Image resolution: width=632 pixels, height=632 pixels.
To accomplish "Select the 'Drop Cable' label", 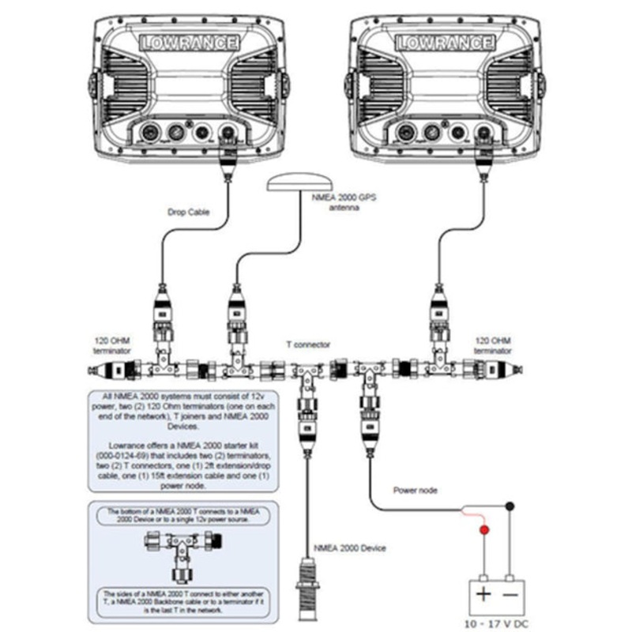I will coord(189,211).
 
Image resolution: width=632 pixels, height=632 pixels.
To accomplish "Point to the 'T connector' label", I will coord(308,344).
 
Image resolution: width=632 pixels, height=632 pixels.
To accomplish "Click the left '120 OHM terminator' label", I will coord(111,344).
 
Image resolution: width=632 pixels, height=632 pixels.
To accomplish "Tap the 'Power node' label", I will coord(415,490).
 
